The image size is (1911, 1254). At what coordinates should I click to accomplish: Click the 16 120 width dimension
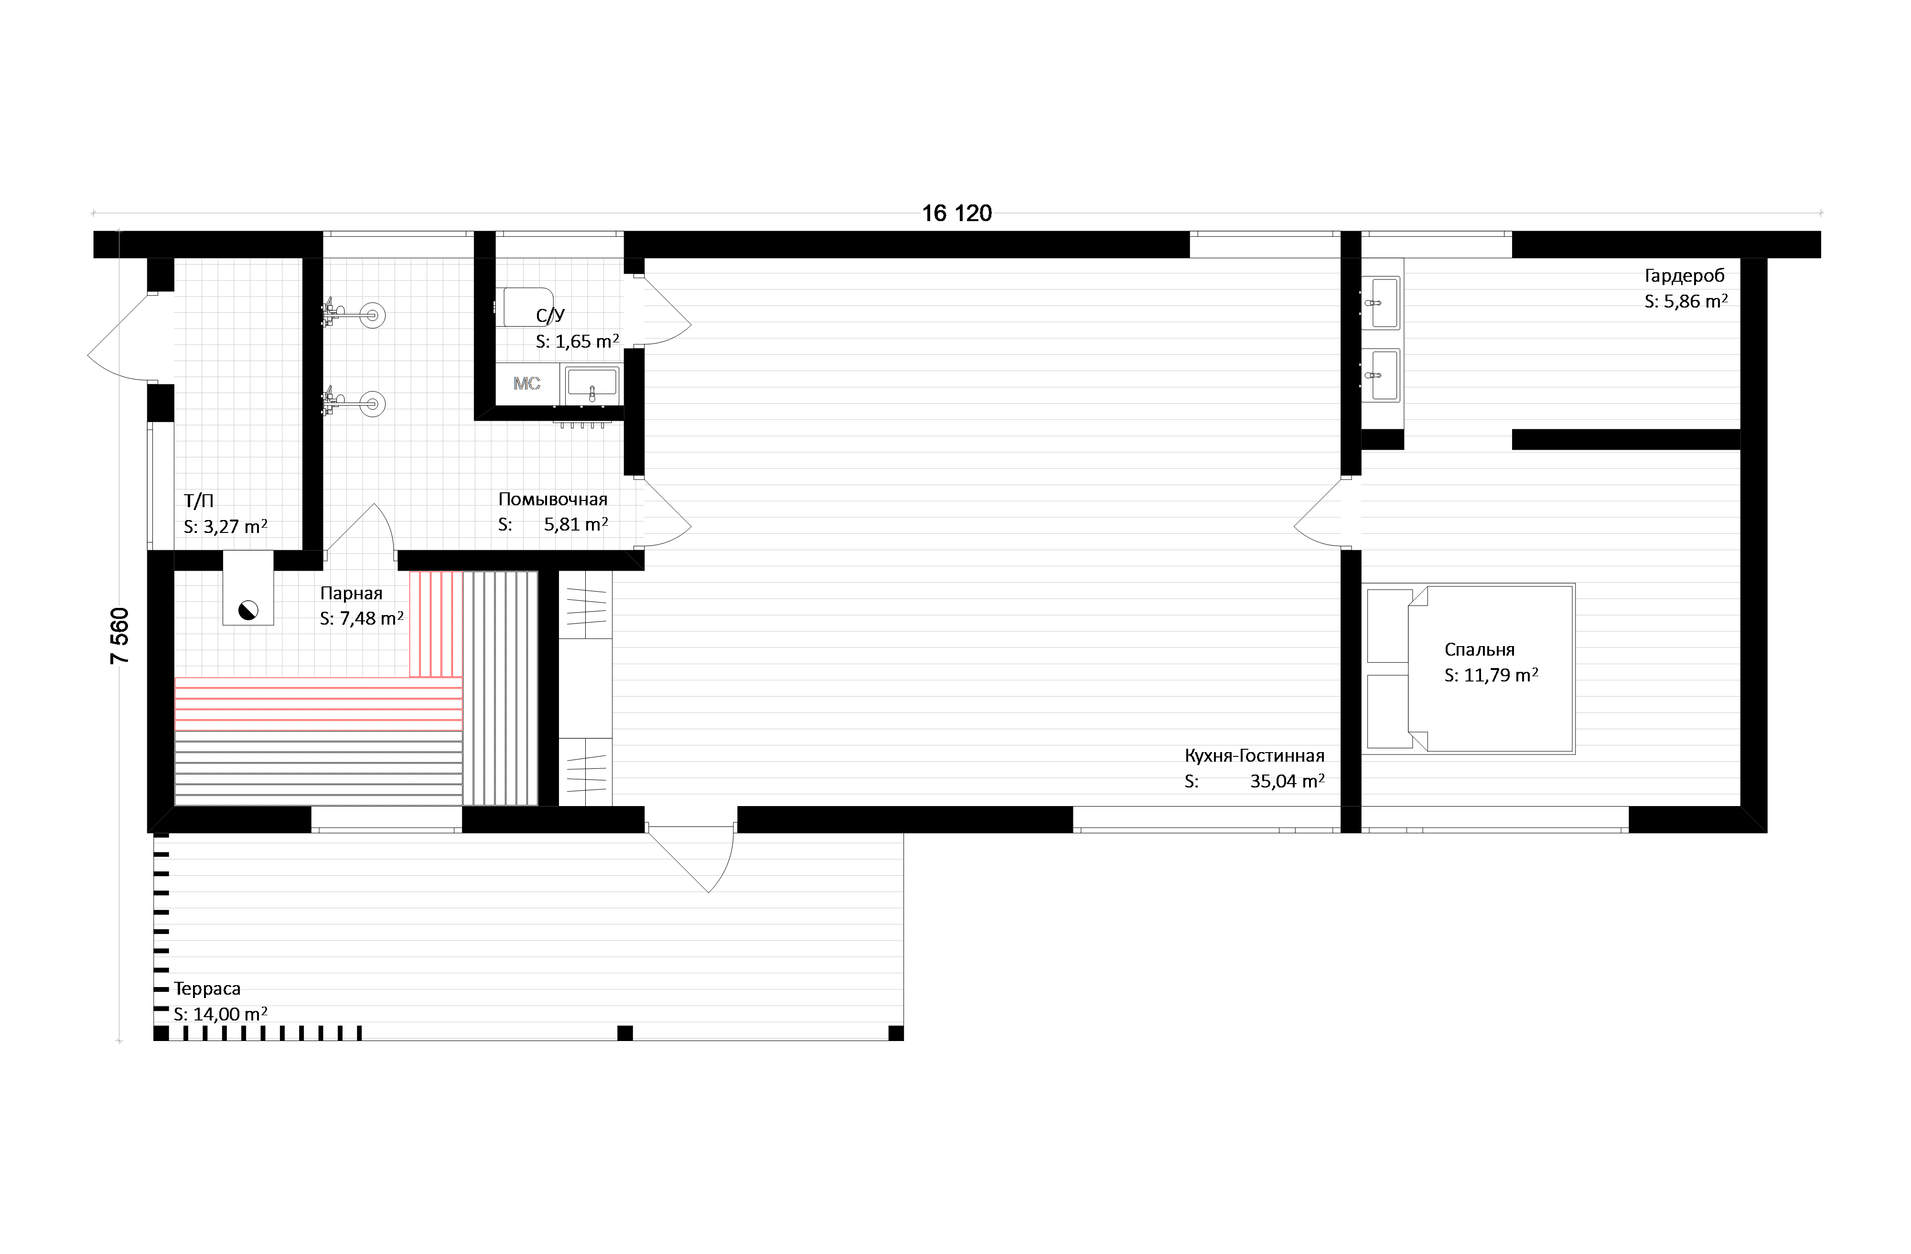point(956,213)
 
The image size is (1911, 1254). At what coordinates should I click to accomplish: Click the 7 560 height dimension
point(119,636)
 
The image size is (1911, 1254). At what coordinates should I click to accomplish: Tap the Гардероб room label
point(1684,276)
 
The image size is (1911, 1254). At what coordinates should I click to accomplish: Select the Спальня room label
point(1479,649)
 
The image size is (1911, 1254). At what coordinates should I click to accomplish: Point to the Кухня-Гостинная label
point(1254,755)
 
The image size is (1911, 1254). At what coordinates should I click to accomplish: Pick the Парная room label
point(351,593)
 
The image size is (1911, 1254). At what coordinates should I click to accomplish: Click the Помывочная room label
point(552,499)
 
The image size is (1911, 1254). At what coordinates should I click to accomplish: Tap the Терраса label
point(207,988)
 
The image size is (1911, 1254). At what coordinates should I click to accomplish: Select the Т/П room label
point(198,501)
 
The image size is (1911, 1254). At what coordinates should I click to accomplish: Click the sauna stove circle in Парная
point(248,610)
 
